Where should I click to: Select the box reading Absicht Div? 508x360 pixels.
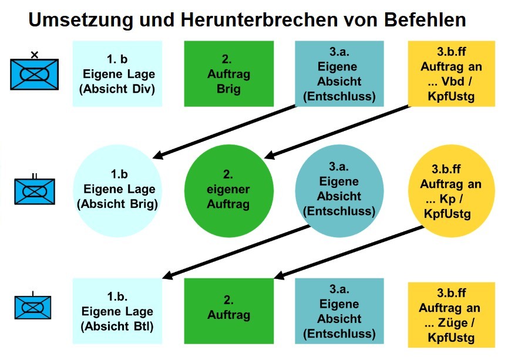coord(117,74)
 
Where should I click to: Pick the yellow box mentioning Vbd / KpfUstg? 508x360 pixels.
coord(448,74)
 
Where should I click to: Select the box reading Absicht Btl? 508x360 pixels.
coord(117,311)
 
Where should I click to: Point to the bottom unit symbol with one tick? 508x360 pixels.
coord(34,307)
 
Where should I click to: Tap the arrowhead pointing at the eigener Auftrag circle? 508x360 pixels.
coord(270,156)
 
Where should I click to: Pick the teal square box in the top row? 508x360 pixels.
coord(339,74)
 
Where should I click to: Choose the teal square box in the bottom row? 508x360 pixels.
coord(339,311)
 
